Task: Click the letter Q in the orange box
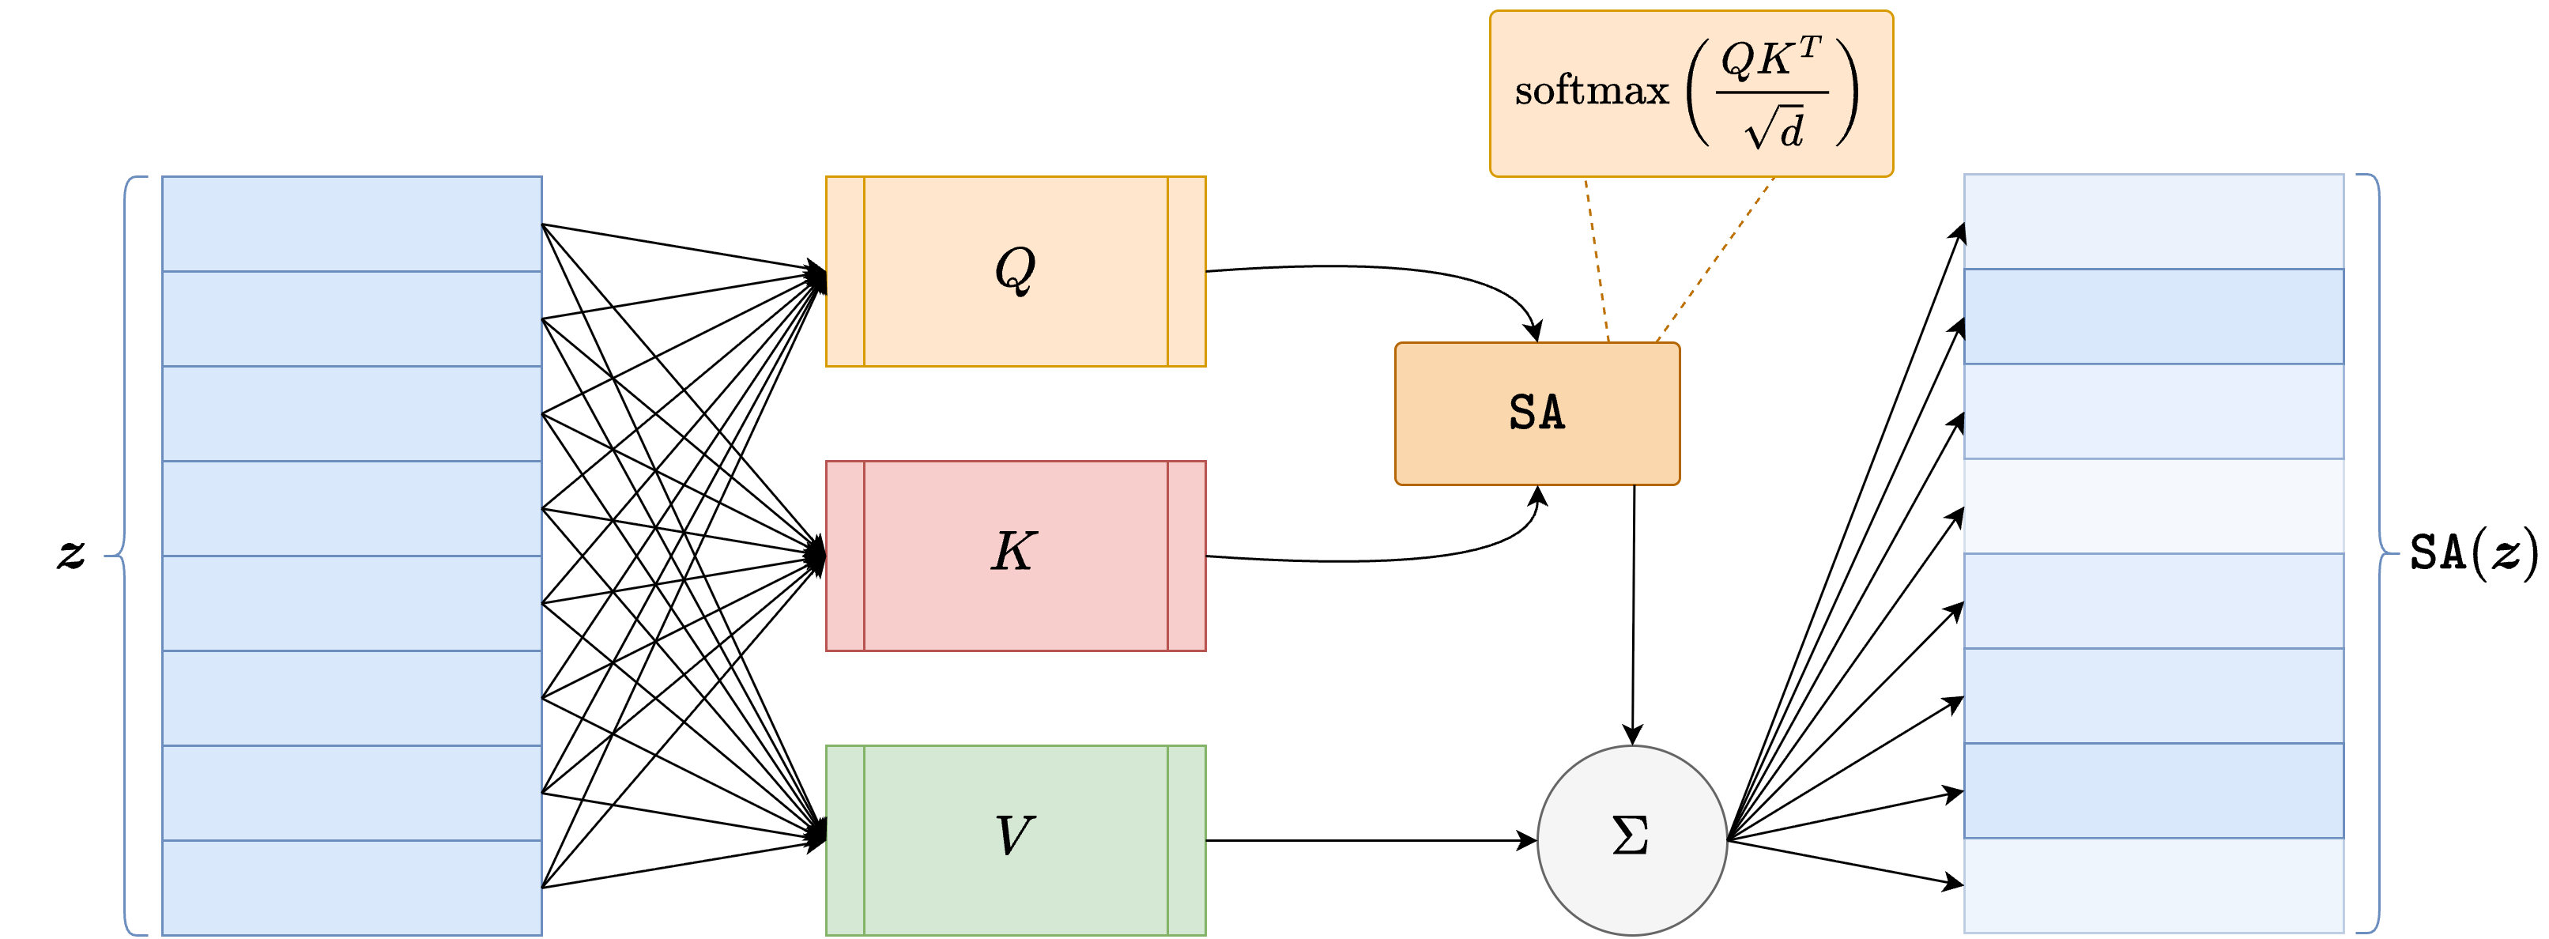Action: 1015,270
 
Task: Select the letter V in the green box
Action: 1014,836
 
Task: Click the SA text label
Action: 1537,413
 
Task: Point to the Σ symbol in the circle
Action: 1631,836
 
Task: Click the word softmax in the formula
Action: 1591,92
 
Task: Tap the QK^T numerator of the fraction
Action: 1770,59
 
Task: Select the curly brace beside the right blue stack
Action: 2385,553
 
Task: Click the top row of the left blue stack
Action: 351,224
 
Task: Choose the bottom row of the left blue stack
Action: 351,887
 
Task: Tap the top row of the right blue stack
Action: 2153,221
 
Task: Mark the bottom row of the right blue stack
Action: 2153,884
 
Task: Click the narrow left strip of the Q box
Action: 845,271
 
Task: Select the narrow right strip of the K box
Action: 1186,556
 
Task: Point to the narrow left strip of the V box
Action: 845,840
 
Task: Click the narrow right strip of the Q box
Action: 1186,271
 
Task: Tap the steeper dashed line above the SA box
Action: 1597,259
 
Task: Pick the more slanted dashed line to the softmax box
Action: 1716,259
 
